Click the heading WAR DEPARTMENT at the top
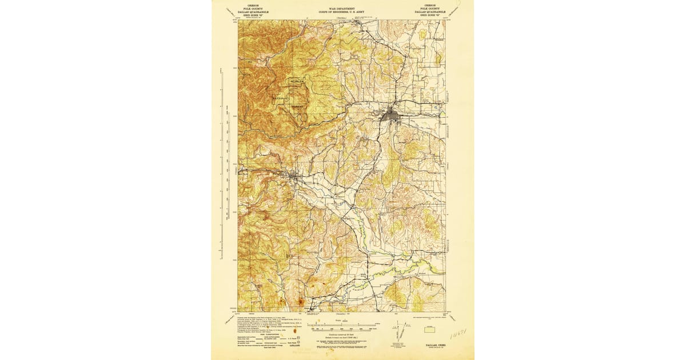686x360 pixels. click(342, 9)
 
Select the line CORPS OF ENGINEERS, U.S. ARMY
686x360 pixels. click(342, 13)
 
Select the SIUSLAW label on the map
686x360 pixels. click(298, 83)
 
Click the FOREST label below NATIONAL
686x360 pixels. click(297, 107)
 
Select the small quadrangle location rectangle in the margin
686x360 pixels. click(426, 330)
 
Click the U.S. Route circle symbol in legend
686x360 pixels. click(295, 337)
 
